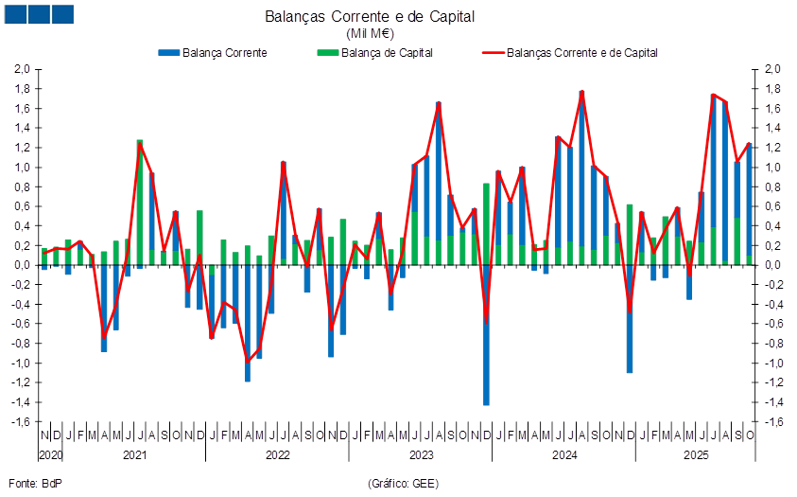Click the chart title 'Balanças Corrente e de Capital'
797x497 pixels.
click(397, 17)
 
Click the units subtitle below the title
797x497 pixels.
click(397, 33)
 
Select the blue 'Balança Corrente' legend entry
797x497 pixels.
click(214, 53)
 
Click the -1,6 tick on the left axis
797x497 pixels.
click(22, 422)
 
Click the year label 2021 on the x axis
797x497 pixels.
click(134, 455)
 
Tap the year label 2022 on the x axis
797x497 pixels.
click(277, 455)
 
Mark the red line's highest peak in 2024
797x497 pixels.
click(582, 91)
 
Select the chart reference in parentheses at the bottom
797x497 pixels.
click(403, 484)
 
